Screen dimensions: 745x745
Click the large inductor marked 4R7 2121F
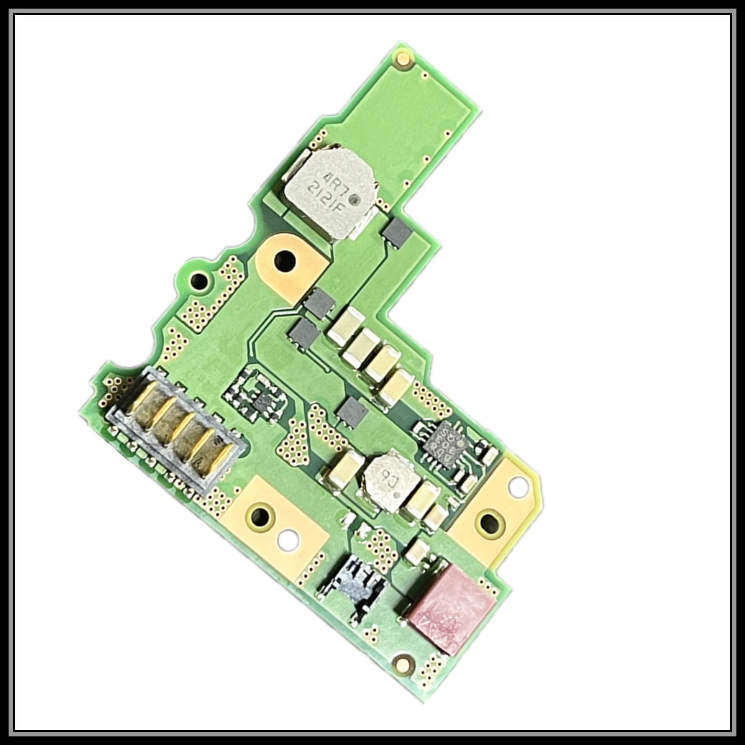tap(329, 188)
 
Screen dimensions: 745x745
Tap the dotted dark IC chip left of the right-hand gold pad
tap(444, 443)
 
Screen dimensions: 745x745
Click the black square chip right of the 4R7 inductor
tap(397, 233)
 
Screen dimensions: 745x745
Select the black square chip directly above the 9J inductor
tap(352, 411)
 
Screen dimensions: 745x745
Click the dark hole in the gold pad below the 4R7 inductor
tap(285, 260)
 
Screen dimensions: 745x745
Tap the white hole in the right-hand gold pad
tap(518, 488)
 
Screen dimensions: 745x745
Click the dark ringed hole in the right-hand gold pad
tap(490, 523)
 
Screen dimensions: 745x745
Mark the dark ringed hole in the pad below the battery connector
tap(259, 516)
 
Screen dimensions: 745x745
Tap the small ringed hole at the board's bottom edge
tap(403, 664)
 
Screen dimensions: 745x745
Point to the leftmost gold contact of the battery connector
tap(141, 400)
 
